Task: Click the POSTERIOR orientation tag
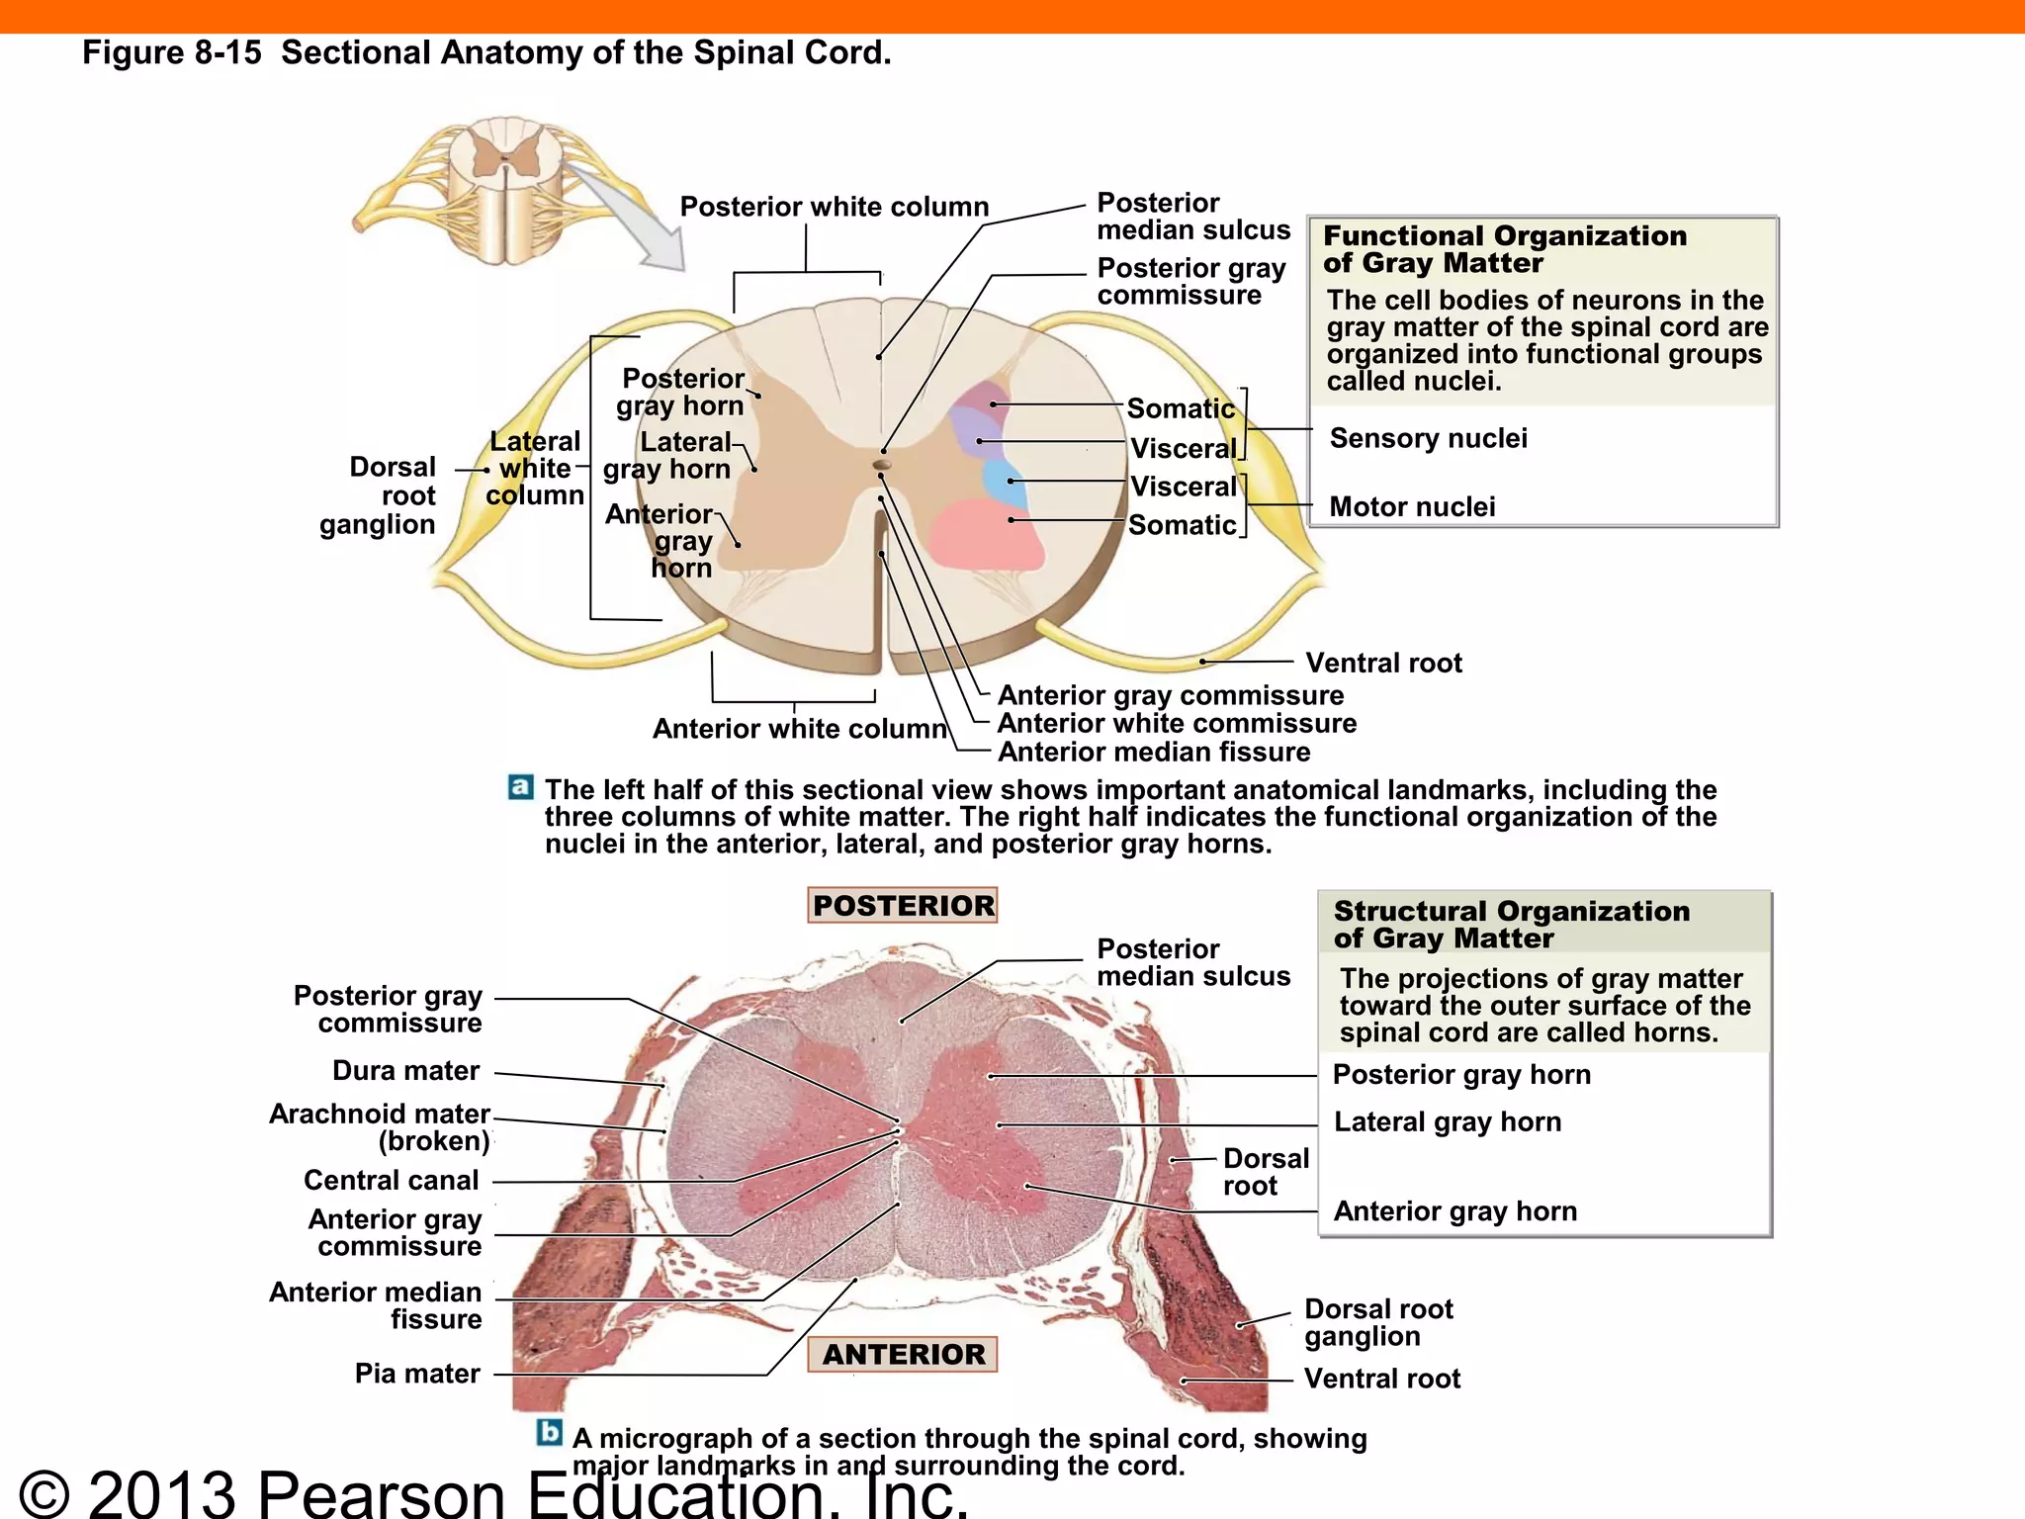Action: pyautogui.click(x=903, y=905)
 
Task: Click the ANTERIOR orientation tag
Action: pyautogui.click(x=903, y=1354)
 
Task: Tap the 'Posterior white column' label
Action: pyautogui.click(x=834, y=207)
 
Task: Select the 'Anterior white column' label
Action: pyautogui.click(x=799, y=729)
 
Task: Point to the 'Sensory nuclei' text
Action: pyautogui.click(x=1428, y=438)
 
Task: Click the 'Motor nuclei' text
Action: pyautogui.click(x=1412, y=506)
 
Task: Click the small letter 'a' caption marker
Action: pyautogui.click(x=521, y=787)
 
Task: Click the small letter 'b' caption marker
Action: pyautogui.click(x=550, y=1432)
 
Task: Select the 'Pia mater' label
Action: pyautogui.click(x=417, y=1374)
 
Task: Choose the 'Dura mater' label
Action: pyautogui.click(x=405, y=1071)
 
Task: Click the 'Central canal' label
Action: pyautogui.click(x=391, y=1180)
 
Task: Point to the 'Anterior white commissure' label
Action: pyautogui.click(x=1177, y=723)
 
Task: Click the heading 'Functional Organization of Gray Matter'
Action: pyautogui.click(x=1504, y=249)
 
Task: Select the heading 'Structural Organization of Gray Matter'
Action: pyautogui.click(x=1511, y=925)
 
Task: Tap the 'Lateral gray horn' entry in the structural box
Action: pyautogui.click(x=1448, y=1121)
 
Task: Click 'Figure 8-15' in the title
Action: pyautogui.click(x=172, y=52)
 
